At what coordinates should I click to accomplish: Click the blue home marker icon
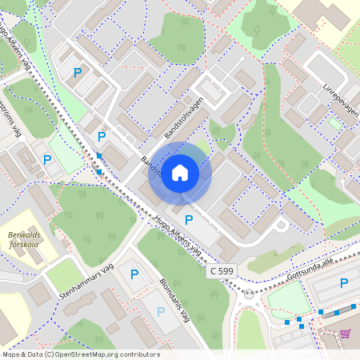click(180, 173)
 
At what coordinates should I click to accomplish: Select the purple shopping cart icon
click(346, 334)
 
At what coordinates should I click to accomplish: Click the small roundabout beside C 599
click(249, 294)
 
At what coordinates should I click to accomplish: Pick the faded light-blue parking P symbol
click(161, 311)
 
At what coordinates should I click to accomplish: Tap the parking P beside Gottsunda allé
click(344, 282)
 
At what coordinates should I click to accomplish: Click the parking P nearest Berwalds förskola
click(47, 160)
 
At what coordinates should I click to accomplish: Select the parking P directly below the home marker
click(189, 220)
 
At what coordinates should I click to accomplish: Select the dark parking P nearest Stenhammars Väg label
click(134, 274)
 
